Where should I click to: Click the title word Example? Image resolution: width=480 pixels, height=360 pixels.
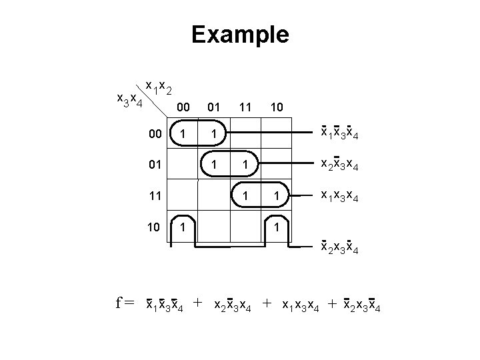coord(240,34)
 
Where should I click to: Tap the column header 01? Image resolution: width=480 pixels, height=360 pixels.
coord(213,107)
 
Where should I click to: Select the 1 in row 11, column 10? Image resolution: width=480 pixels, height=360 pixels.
coord(276,197)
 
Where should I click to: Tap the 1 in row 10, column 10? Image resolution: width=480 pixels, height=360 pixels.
coord(276,227)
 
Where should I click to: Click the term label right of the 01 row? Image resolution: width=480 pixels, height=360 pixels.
coord(342,165)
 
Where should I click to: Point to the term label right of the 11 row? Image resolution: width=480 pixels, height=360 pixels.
coord(342,196)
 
